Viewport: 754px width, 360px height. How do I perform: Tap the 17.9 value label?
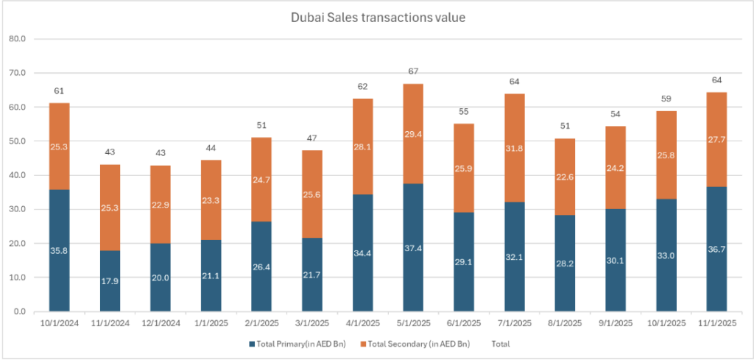click(x=110, y=280)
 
